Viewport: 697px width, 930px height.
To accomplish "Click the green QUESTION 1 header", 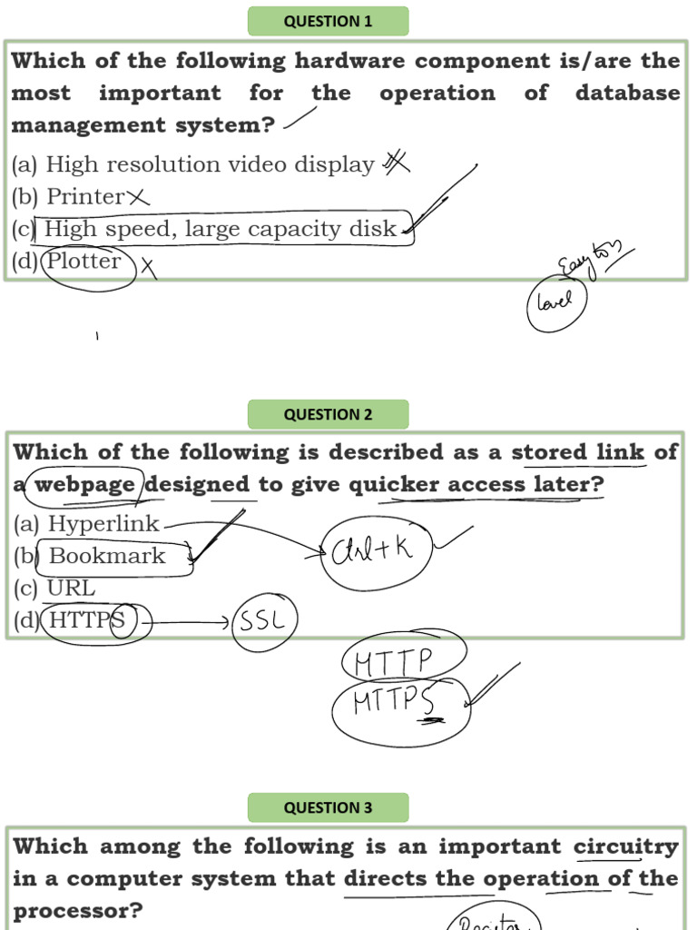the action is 328,22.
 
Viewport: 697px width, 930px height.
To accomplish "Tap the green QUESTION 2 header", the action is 328,415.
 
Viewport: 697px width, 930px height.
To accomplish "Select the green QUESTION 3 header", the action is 328,807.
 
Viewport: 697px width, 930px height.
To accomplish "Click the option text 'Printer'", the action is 85,196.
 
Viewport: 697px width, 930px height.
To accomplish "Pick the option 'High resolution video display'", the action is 210,164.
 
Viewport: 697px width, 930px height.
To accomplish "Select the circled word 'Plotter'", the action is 84,262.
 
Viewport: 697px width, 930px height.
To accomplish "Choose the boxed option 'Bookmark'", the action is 107,556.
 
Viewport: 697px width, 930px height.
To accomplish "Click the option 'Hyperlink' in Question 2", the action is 103,524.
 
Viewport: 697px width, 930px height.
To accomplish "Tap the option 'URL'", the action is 71,588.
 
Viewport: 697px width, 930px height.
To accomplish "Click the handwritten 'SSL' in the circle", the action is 264,622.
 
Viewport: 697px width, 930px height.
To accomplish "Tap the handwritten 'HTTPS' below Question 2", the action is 396,702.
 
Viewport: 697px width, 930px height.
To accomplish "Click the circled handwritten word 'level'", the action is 555,301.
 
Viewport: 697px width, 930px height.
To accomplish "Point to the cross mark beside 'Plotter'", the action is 147,267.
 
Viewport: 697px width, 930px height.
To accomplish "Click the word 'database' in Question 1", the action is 627,94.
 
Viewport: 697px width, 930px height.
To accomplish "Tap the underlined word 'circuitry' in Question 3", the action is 625,847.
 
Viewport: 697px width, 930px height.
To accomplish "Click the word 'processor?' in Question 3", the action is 78,911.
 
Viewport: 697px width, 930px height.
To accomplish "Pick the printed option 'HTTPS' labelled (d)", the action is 86,620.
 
